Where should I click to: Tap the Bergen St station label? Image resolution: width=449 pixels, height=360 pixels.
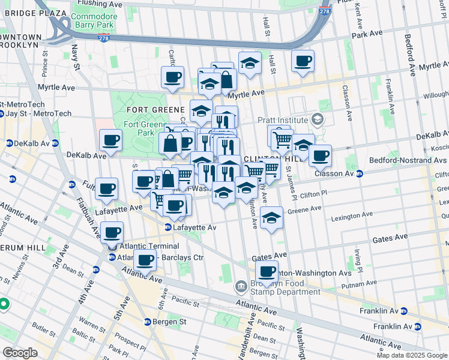(170, 322)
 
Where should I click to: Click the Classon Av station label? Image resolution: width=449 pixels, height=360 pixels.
(336, 173)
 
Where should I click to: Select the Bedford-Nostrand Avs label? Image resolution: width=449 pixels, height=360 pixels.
(413, 160)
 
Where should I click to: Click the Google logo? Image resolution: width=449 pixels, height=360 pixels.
(19, 353)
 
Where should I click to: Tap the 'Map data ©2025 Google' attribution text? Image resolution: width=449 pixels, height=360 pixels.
(412, 355)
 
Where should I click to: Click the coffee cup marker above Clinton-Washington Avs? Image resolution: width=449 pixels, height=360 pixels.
(267, 271)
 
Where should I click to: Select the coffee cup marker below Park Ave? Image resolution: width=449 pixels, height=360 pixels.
(303, 61)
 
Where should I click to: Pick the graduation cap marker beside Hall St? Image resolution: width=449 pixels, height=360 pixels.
(250, 62)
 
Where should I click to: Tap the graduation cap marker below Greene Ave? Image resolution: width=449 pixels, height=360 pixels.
(272, 218)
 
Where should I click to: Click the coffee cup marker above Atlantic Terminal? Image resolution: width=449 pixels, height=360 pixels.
(112, 232)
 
